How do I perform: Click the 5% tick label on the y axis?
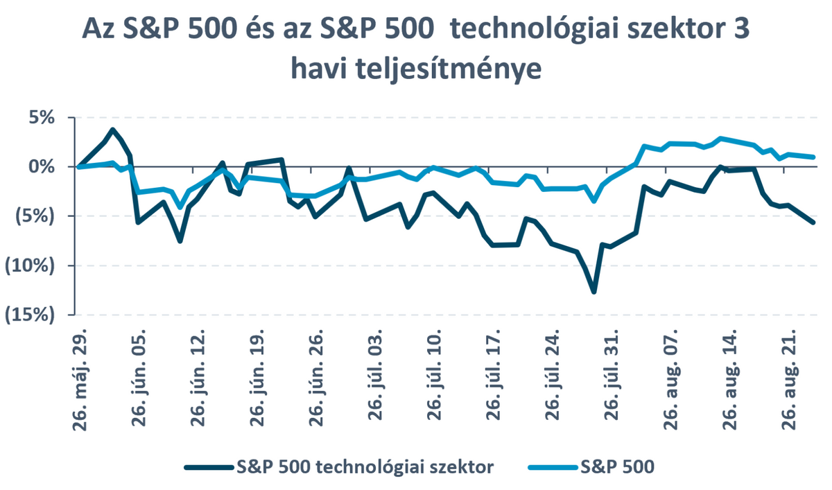coord(41,118)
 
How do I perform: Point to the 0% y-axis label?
coord(41,167)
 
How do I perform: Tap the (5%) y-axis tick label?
coord(35,216)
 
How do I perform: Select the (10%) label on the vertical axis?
coord(30,265)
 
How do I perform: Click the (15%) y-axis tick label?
coord(30,315)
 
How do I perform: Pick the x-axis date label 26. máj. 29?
coord(79,379)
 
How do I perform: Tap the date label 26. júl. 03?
coord(375,375)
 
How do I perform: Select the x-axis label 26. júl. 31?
coord(612,375)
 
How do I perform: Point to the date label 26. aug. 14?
coord(729,379)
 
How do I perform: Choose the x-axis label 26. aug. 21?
coord(788,379)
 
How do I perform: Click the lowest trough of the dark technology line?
coord(593,292)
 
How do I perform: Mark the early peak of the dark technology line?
coord(112,130)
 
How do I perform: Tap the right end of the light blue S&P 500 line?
coord(813,157)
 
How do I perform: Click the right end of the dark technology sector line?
coord(813,222)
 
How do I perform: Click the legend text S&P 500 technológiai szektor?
coord(365,467)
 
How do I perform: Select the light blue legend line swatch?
coord(553,468)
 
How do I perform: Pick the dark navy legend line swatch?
coord(209,468)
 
